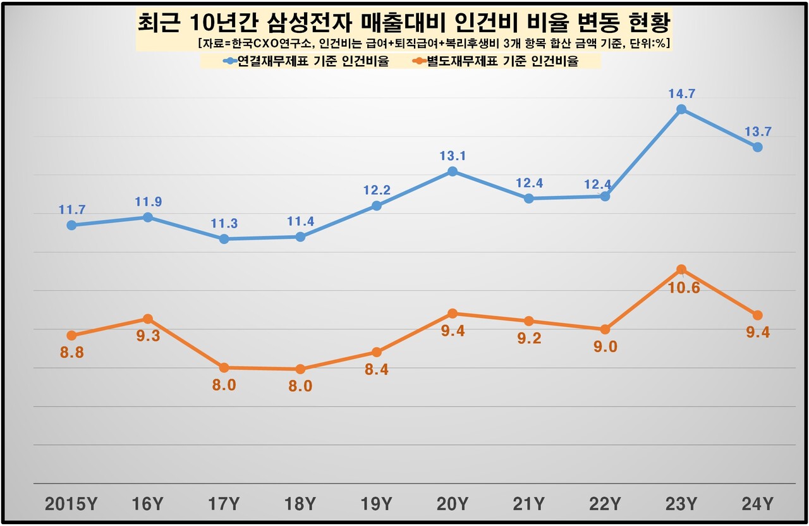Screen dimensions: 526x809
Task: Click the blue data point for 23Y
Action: pos(681,109)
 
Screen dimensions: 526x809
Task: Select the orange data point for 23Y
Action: pos(681,270)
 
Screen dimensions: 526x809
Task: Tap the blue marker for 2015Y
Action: pos(71,225)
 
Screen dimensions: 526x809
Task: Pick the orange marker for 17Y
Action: pos(224,367)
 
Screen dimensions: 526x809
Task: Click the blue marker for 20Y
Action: pos(453,171)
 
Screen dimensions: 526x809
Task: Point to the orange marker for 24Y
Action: pos(757,315)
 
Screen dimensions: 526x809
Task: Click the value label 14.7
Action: pos(681,94)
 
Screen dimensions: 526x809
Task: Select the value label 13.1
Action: pos(453,156)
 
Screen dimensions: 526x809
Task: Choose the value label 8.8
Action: pos(71,353)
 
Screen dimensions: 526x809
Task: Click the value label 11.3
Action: pos(224,223)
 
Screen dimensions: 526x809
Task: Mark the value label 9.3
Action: pos(148,336)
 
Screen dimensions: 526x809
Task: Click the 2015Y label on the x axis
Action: pos(71,505)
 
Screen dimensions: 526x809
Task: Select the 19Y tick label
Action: pos(376,505)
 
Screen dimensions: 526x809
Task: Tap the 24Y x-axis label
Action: pos(757,505)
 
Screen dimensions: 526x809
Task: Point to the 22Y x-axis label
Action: pos(605,505)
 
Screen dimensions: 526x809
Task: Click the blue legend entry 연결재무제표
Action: pos(307,61)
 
